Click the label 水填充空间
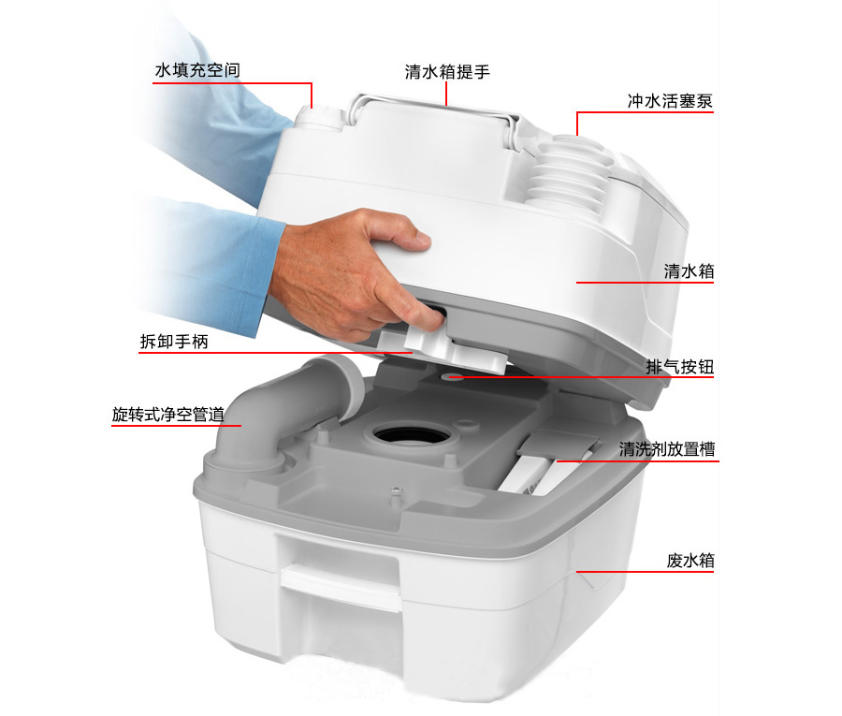click(197, 71)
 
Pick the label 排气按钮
click(679, 367)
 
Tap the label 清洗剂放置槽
click(666, 449)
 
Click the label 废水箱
click(690, 561)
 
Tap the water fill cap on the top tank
click(320, 117)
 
